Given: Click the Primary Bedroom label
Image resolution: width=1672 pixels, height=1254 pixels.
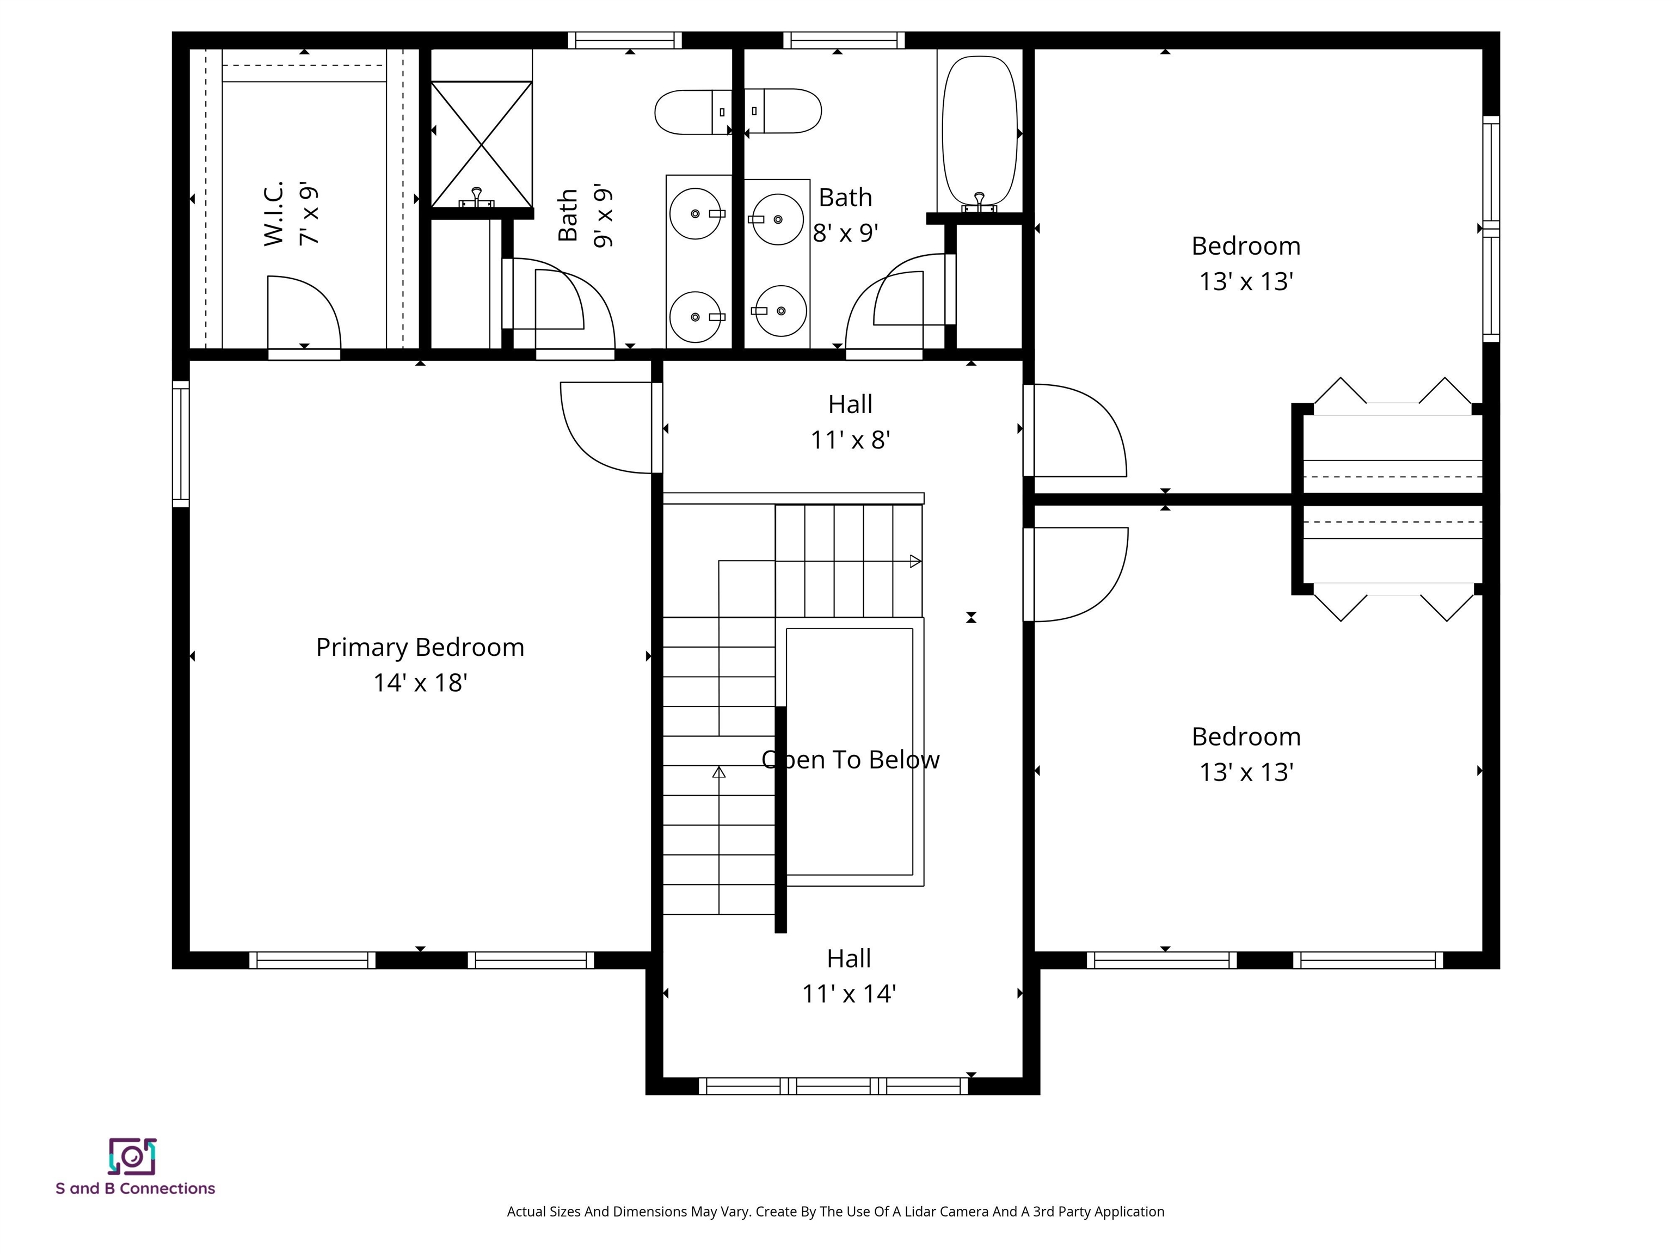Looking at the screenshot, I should click(420, 647).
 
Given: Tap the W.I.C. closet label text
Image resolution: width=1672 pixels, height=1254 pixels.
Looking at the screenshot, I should click(274, 213).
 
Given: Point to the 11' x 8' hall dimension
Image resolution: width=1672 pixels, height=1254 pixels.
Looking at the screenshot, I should click(850, 439).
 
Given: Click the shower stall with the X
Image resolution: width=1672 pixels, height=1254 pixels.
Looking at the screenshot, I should click(482, 144).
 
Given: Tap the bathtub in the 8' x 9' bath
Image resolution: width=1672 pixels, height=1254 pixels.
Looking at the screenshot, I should click(980, 132).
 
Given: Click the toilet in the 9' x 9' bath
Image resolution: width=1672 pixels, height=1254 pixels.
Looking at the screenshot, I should click(692, 112).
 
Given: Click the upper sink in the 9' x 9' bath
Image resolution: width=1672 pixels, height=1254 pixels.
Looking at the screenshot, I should click(696, 214).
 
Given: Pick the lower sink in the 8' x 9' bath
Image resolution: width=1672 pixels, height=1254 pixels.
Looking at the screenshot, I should click(780, 311).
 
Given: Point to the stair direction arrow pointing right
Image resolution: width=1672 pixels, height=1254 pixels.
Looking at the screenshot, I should click(914, 561).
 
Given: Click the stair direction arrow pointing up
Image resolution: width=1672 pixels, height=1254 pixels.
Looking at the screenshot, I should click(719, 772).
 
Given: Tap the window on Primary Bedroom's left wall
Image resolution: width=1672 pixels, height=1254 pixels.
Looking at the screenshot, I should click(181, 444).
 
